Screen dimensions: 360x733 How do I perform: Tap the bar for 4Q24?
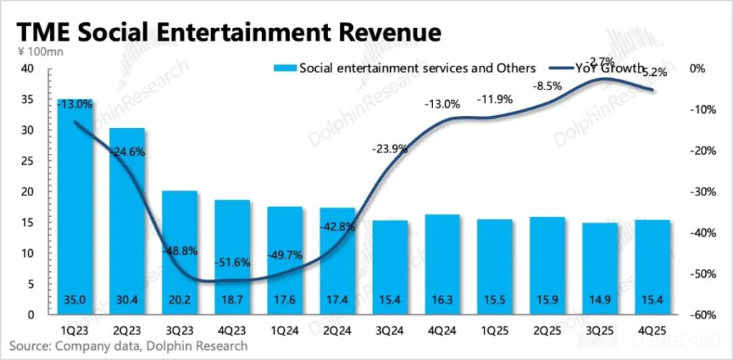click(x=442, y=265)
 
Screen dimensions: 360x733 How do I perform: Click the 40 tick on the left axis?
click(x=27, y=69)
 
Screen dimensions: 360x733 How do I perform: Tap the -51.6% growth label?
click(x=232, y=263)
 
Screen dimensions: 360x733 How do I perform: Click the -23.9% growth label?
click(x=390, y=150)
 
